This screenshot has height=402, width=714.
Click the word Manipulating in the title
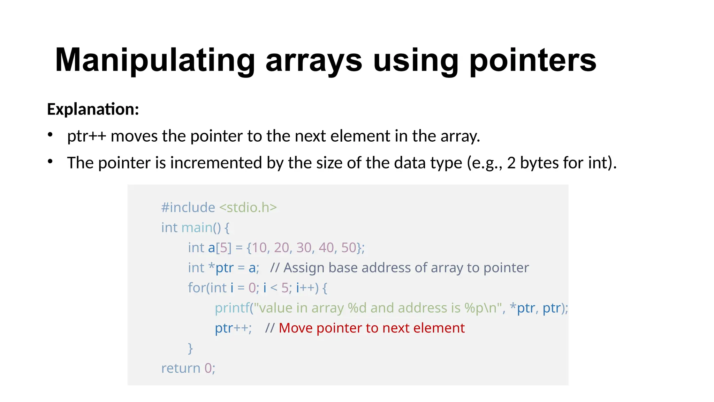point(155,60)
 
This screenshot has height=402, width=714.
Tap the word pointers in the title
point(533,60)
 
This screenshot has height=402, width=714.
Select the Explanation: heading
point(93,109)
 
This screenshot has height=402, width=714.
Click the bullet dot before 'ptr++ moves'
point(50,135)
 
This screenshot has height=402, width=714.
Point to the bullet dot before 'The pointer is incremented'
point(50,162)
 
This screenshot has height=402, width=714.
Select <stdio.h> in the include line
point(248,208)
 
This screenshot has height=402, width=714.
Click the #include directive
point(188,208)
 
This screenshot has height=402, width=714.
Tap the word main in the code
point(197,228)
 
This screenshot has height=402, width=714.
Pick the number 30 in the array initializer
point(304,248)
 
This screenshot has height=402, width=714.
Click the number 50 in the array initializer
point(349,248)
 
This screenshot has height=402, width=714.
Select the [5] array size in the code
point(223,248)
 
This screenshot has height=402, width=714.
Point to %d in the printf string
point(357,308)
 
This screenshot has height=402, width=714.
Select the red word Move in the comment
point(296,328)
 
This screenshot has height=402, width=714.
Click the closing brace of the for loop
point(190,348)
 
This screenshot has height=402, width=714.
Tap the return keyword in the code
point(181,368)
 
